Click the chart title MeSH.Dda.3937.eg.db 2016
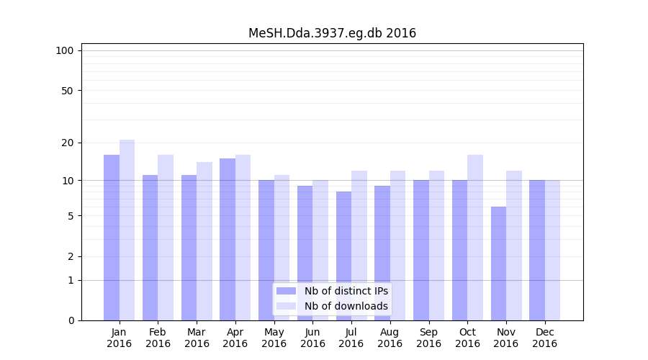[332, 33]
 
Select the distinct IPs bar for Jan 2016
[112, 238]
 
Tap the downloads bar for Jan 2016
[127, 230]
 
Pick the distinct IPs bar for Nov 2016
[498, 264]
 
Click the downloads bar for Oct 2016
[475, 238]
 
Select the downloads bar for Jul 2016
[359, 246]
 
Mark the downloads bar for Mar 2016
[204, 241]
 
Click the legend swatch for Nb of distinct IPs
[286, 291]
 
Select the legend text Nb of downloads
[346, 306]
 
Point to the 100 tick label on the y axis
[65, 50]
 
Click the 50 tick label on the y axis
[67, 91]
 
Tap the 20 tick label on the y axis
[67, 143]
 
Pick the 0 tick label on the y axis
[71, 320]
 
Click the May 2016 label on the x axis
[274, 338]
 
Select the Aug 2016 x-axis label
[390, 338]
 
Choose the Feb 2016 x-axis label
[158, 338]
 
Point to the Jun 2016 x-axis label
[312, 338]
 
